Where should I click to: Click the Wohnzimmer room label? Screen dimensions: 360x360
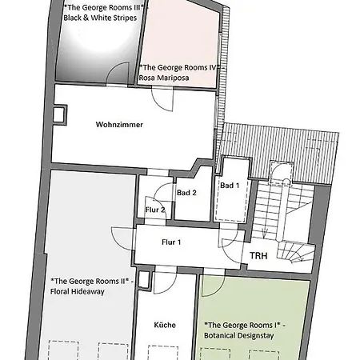119,125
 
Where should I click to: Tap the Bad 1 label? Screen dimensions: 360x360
230,186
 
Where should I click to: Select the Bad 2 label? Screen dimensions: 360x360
186,193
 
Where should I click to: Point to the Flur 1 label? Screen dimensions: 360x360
171,242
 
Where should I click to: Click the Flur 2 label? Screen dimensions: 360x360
155,210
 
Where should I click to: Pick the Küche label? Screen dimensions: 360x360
165,325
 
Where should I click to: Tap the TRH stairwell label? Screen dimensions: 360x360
258,256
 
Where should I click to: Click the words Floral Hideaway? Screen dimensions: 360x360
78,291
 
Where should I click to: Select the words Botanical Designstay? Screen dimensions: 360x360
239,335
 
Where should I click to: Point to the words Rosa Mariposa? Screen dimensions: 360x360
164,78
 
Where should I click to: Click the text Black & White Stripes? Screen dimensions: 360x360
100,18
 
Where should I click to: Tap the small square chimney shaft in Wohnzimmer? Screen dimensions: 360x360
59,115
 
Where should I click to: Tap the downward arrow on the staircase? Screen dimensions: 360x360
265,234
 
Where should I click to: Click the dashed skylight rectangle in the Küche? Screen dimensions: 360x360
163,353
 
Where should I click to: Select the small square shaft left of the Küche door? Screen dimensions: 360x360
144,279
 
